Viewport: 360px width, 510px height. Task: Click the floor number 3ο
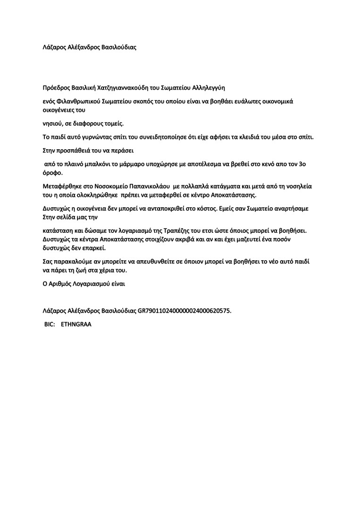coord(306,164)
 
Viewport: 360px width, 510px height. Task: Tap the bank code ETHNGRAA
coord(76,325)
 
